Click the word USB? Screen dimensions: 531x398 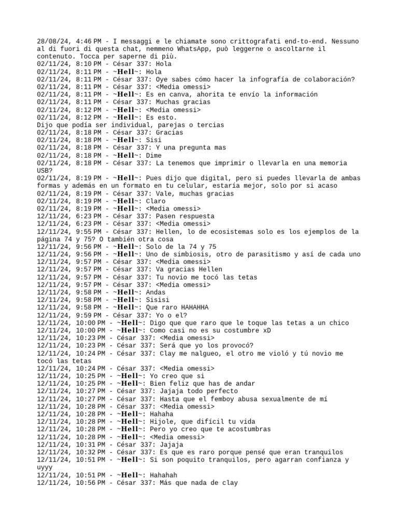pos(45,171)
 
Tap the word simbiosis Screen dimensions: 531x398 pos(189,254)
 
